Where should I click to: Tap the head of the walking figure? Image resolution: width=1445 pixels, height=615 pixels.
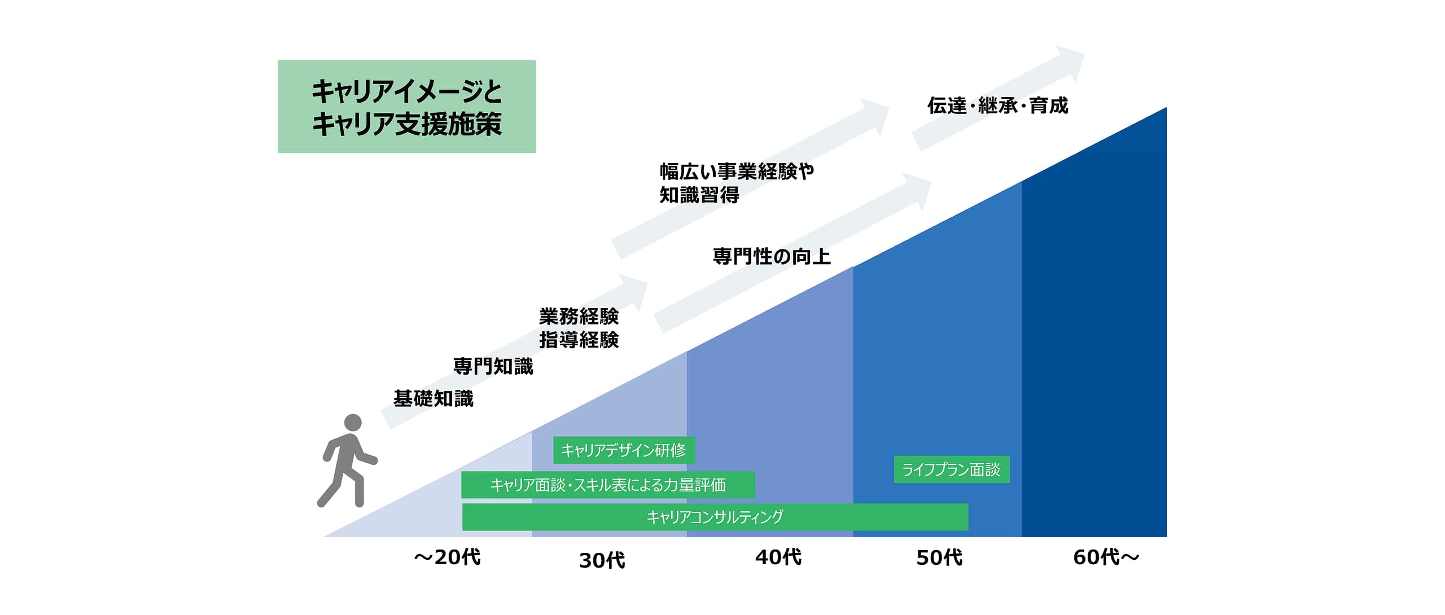(x=353, y=423)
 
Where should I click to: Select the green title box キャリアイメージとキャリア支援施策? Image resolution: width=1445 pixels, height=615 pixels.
(x=406, y=107)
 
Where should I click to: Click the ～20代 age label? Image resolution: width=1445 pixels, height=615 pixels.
(x=447, y=557)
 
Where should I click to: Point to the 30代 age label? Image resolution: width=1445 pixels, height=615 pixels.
(x=602, y=560)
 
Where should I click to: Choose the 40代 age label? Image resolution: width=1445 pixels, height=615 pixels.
(x=778, y=557)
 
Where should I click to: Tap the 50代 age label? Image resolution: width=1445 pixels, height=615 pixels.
(x=939, y=557)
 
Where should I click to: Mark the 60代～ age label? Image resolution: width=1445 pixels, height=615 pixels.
(x=1106, y=557)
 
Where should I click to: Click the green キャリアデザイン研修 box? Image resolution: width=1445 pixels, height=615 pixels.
(x=624, y=450)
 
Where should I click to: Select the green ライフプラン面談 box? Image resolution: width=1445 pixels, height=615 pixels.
(x=952, y=469)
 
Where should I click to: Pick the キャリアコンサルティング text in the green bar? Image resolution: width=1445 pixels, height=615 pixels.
(x=715, y=517)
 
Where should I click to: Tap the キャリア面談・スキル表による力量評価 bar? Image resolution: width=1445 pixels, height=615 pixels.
(x=608, y=485)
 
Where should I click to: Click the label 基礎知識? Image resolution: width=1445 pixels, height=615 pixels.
(x=433, y=399)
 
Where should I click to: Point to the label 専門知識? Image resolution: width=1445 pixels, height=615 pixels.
(x=493, y=367)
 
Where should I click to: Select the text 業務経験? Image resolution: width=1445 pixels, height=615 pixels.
(x=579, y=317)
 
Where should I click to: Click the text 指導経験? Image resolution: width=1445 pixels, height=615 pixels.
(x=579, y=340)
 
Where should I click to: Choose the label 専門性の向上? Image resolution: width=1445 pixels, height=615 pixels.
(x=772, y=257)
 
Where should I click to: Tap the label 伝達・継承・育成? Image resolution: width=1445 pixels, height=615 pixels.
(x=998, y=106)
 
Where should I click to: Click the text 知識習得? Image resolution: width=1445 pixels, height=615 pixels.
(x=699, y=195)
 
